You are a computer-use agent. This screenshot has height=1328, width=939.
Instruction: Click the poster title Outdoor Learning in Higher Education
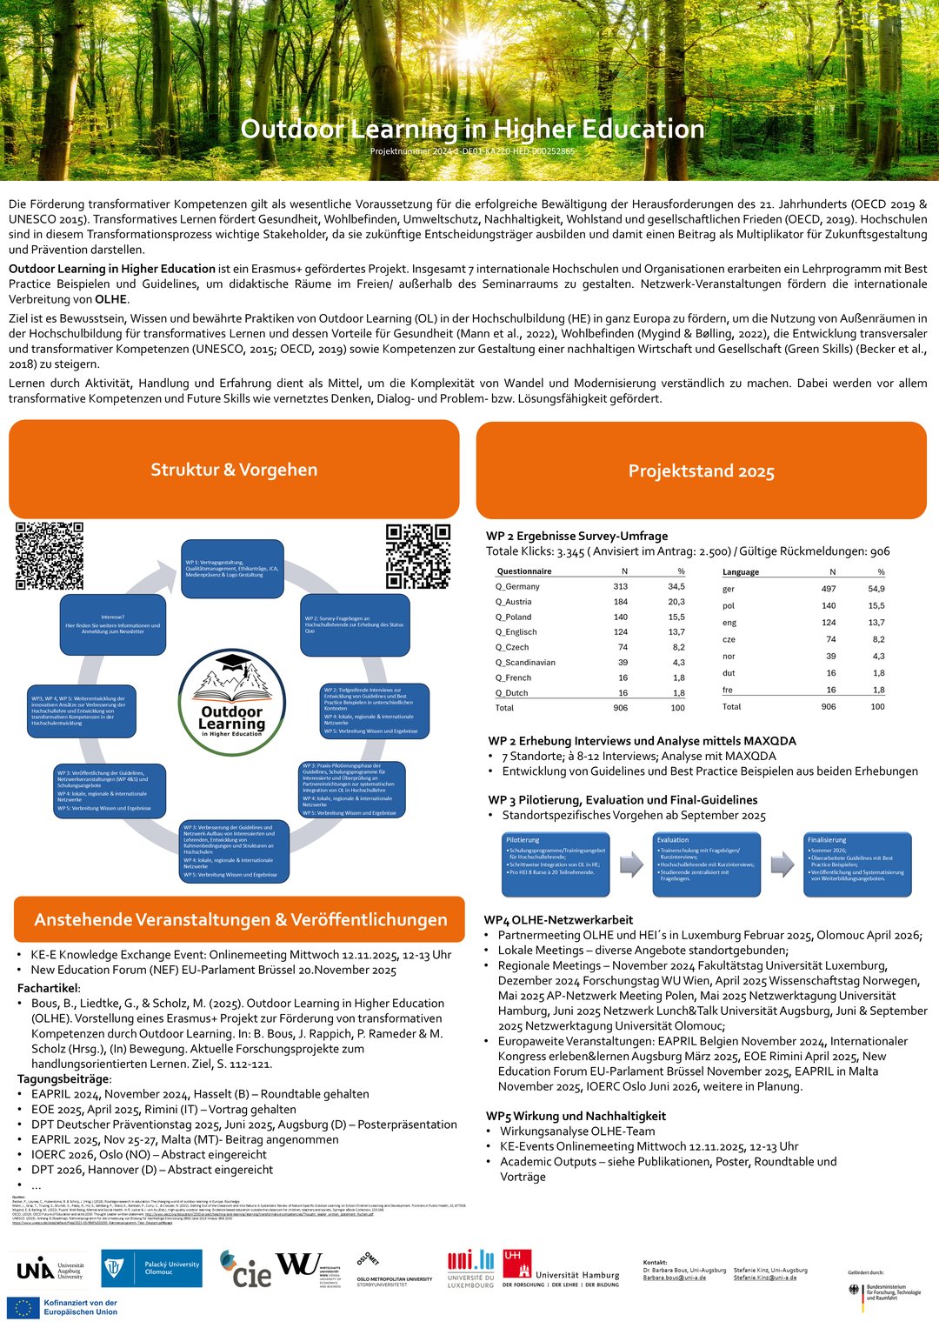pyautogui.click(x=472, y=130)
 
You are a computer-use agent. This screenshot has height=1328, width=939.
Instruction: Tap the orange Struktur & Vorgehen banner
pyautogui.click(x=234, y=470)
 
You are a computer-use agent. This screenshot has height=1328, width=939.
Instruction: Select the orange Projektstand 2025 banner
pyautogui.click(x=701, y=470)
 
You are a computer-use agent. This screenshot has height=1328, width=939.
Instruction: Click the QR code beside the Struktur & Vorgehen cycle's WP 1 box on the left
pyautogui.click(x=50, y=556)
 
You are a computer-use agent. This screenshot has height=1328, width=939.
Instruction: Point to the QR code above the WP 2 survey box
pyautogui.click(x=418, y=556)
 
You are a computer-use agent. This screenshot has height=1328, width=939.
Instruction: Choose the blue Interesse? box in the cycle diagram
pyautogui.click(x=112, y=624)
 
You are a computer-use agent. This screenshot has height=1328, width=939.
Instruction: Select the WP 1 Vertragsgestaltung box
pyautogui.click(x=232, y=569)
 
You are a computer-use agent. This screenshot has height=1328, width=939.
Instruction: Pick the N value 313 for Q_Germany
pyautogui.click(x=620, y=586)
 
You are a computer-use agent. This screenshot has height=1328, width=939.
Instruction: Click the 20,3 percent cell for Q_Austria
pyautogui.click(x=676, y=602)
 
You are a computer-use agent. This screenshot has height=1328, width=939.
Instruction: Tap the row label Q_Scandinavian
pyautogui.click(x=525, y=663)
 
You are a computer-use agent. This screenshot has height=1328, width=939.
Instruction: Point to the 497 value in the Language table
pyautogui.click(x=829, y=589)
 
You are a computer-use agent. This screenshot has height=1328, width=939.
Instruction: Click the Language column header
pyautogui.click(x=741, y=572)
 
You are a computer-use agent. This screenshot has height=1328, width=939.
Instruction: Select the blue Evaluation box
pyautogui.click(x=707, y=864)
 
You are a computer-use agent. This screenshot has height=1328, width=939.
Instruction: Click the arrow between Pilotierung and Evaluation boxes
pyautogui.click(x=631, y=864)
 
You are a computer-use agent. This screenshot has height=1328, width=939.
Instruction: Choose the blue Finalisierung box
pyautogui.click(x=857, y=864)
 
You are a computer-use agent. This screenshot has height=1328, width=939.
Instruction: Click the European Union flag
pyautogui.click(x=23, y=1307)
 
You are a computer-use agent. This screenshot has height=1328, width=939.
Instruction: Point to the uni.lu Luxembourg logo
pyautogui.click(x=470, y=1270)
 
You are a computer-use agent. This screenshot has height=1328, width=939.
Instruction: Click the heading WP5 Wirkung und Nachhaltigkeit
pyautogui.click(x=576, y=1116)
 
